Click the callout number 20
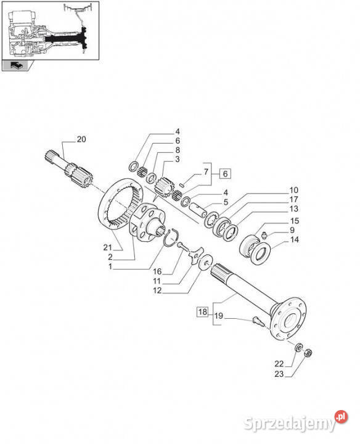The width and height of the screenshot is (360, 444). (81, 139)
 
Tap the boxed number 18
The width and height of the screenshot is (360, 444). (202, 312)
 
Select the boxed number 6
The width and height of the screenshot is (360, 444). (225, 173)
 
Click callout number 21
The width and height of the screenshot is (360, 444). (107, 247)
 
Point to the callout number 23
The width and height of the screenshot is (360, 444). (279, 374)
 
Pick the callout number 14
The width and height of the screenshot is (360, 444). (294, 240)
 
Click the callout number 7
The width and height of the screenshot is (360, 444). (206, 171)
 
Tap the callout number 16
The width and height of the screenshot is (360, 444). (157, 271)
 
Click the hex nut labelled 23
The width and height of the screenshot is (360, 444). (308, 353)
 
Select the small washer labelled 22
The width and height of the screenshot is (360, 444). (298, 347)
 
